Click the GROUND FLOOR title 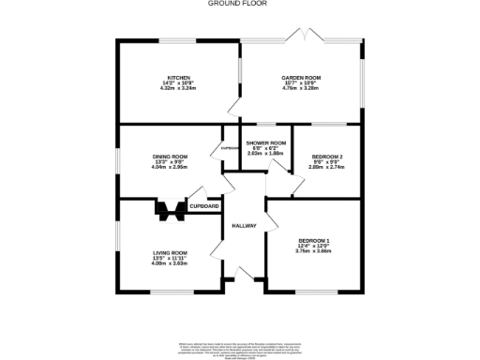click(x=239, y=4)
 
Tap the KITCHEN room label click(x=179, y=78)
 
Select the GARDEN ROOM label click(x=300, y=78)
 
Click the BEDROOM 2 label click(x=327, y=156)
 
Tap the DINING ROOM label click(x=171, y=156)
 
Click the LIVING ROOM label click(x=171, y=252)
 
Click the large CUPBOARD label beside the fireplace click(x=204, y=206)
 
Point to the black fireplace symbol click(x=170, y=212)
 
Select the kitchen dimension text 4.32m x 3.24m click(x=179, y=91)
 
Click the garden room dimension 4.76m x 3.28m click(x=300, y=91)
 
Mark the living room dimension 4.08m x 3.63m click(x=171, y=263)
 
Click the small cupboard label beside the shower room click(x=229, y=148)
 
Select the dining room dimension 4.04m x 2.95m click(x=171, y=167)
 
